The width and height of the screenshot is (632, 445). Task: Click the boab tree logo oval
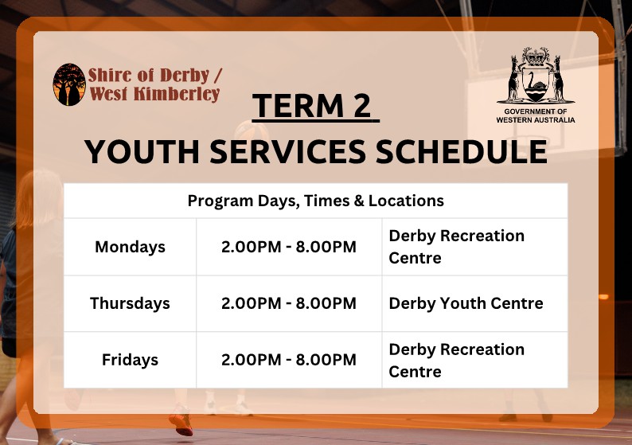click(69, 84)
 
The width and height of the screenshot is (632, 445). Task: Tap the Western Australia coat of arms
click(536, 76)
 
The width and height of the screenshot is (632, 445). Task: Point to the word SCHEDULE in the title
click(462, 152)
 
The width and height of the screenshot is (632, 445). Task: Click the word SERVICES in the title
click(288, 152)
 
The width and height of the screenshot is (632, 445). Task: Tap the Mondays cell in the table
click(130, 247)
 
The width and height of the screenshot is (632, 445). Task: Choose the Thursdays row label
click(130, 303)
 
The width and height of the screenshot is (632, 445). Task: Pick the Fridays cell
click(130, 360)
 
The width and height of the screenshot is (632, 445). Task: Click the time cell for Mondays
click(289, 247)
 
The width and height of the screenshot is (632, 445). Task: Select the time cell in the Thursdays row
click(289, 303)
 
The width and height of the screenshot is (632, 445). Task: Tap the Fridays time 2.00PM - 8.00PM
click(289, 360)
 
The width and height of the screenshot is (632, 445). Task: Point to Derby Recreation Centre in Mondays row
click(457, 247)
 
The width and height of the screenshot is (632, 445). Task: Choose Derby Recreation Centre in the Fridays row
click(457, 361)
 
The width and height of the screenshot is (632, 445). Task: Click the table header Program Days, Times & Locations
click(315, 201)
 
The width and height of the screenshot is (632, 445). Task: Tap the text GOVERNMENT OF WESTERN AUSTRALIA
click(536, 115)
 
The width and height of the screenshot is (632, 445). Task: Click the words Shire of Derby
click(148, 76)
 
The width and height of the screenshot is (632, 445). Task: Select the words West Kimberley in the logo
click(154, 93)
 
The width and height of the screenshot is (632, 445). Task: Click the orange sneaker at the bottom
click(181, 424)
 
